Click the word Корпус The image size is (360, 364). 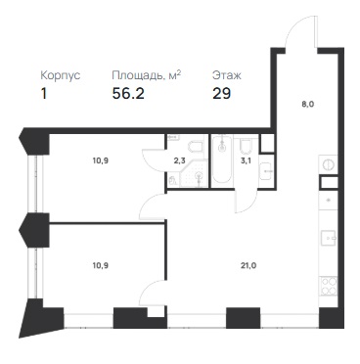[61, 75]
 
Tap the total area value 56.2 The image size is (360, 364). [128, 94]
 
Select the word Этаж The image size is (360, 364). [227, 75]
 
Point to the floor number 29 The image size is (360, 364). [222, 94]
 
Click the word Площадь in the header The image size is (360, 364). [137, 76]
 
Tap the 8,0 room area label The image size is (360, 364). [308, 105]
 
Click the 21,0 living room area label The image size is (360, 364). [249, 265]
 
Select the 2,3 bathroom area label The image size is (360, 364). [178, 160]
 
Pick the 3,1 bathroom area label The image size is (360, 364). [246, 160]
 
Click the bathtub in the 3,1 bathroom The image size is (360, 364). [222, 160]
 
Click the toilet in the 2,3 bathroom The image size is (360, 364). [198, 146]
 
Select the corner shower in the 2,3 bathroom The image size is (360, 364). [195, 174]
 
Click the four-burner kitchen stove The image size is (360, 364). [328, 286]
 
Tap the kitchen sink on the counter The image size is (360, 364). [328, 237]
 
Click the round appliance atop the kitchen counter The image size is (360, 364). [328, 164]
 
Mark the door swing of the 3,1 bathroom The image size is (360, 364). [246, 201]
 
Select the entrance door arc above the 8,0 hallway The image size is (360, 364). [300, 28]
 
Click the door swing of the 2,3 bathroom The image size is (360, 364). [154, 159]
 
